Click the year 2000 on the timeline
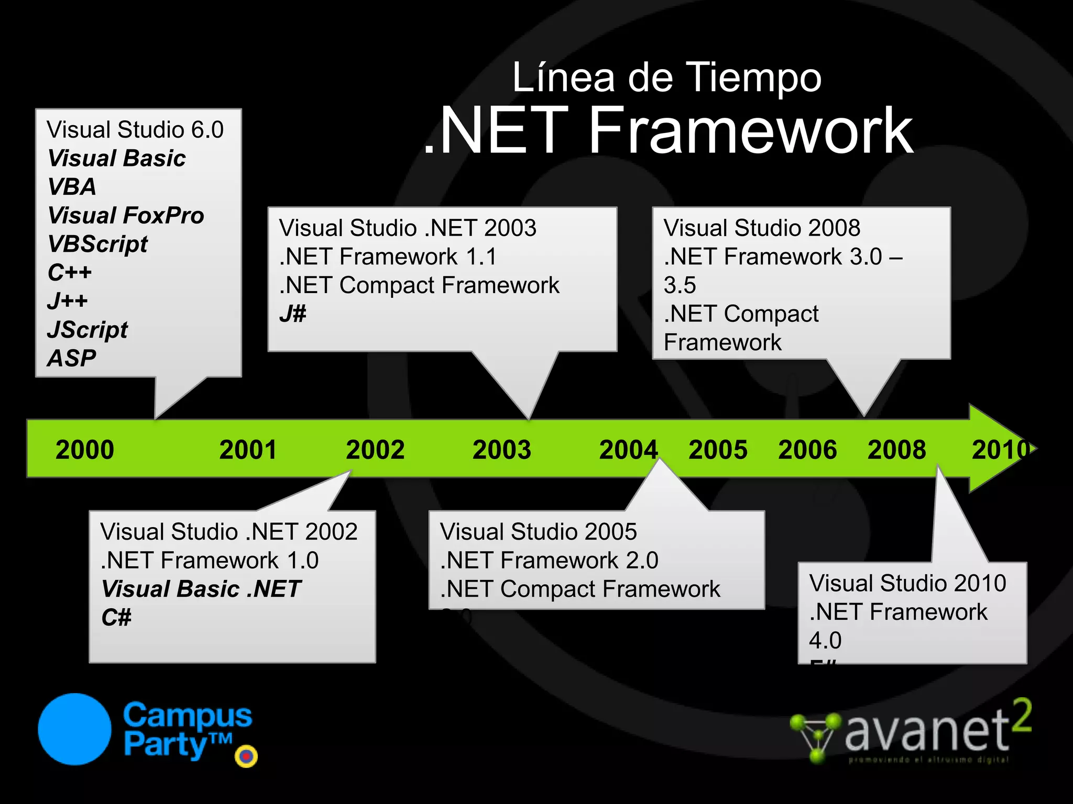tap(84, 450)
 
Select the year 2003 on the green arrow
tap(501, 450)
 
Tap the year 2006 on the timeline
tap(807, 450)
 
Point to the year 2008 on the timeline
tap(896, 450)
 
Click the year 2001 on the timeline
tap(248, 450)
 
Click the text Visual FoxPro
tap(126, 216)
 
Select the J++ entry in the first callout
tap(67, 301)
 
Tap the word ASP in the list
tap(72, 359)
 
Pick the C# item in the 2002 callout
tap(116, 618)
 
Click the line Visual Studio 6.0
tap(135, 130)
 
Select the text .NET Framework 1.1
tap(388, 257)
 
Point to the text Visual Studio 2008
tap(762, 228)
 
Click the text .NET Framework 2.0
tap(549, 561)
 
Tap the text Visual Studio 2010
tap(907, 583)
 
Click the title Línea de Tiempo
tap(666, 77)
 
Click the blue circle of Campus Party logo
tap(74, 729)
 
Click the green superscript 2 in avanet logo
tap(1021, 716)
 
